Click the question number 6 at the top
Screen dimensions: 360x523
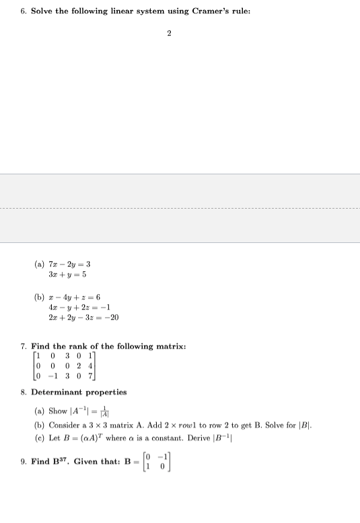22,12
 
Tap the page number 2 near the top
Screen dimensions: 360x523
169,32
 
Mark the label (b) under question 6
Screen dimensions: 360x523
39,298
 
